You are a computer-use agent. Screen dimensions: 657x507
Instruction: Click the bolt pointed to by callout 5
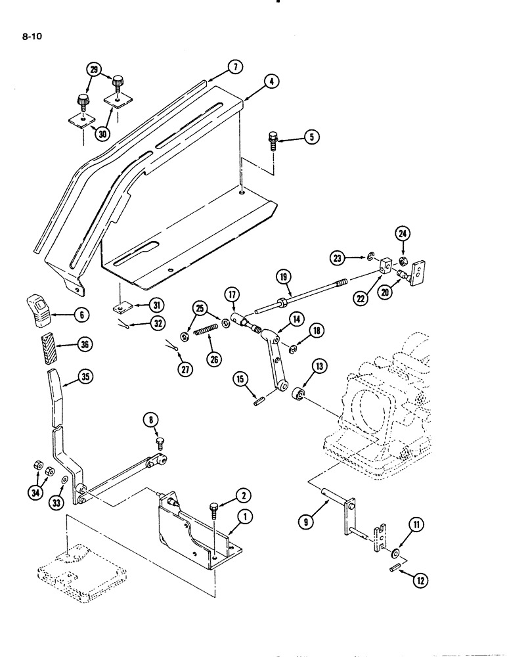click(x=272, y=140)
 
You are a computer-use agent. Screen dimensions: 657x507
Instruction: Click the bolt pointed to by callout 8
click(x=160, y=443)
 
